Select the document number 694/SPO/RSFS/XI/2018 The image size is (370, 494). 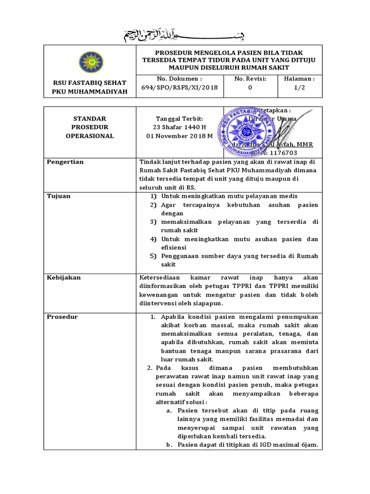click(180, 87)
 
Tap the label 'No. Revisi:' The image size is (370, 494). click(250, 79)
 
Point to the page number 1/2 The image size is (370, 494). click(300, 87)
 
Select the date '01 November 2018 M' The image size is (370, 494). click(180, 136)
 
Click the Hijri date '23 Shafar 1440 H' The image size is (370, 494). click(180, 127)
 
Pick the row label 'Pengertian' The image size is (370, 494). click(65, 162)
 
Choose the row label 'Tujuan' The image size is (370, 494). click(58, 196)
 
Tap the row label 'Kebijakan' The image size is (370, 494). click(64, 277)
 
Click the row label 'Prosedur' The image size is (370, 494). click(62, 317)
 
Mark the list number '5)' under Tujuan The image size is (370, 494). click(153, 256)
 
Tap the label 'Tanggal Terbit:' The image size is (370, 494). click(180, 119)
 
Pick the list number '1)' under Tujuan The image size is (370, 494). click(153, 196)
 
